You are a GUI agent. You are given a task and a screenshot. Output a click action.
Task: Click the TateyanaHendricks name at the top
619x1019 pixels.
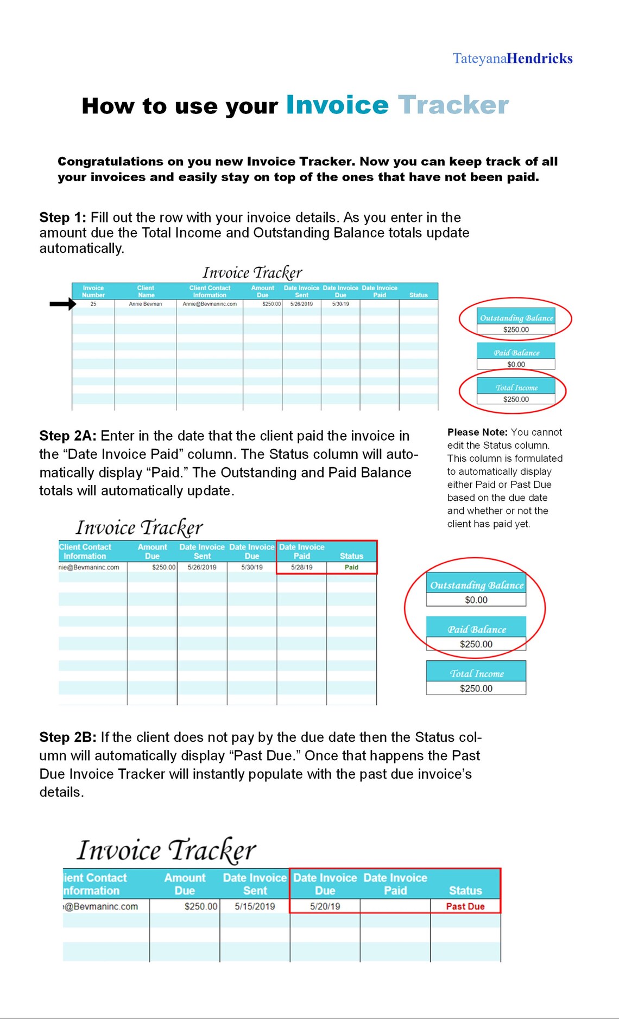pyautogui.click(x=513, y=59)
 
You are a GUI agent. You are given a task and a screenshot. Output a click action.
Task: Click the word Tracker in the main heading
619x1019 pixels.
pyautogui.click(x=453, y=105)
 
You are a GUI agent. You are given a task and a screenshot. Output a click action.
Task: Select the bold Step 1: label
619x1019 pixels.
pyautogui.click(x=62, y=218)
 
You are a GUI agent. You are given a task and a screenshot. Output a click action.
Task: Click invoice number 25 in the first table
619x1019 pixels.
pyautogui.click(x=93, y=304)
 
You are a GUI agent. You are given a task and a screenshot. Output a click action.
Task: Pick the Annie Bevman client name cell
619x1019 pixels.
pyautogui.click(x=146, y=304)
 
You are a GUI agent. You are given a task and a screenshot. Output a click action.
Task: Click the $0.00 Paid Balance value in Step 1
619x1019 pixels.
pyautogui.click(x=516, y=365)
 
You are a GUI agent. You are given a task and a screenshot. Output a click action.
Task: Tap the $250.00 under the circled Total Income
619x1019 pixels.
pyautogui.click(x=516, y=399)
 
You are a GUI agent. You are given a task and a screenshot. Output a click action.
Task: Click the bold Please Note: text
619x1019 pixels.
pyautogui.click(x=477, y=432)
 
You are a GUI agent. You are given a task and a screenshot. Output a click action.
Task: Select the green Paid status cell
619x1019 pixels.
pyautogui.click(x=351, y=567)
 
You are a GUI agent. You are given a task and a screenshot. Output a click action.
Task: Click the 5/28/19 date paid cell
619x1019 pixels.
pyautogui.click(x=302, y=567)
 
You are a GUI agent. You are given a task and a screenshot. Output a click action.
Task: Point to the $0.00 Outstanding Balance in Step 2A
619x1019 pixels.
pyautogui.click(x=476, y=600)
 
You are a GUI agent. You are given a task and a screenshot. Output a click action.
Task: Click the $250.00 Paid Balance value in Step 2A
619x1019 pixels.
pyautogui.click(x=476, y=644)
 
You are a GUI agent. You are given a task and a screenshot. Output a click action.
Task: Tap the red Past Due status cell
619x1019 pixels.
pyautogui.click(x=465, y=906)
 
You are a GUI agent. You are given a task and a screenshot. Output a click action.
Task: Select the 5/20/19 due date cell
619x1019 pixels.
pyautogui.click(x=325, y=906)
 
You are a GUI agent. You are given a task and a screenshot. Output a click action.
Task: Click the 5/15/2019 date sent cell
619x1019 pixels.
pyautogui.click(x=255, y=906)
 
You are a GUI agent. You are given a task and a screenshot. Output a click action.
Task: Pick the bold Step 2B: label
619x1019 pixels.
pyautogui.click(x=68, y=737)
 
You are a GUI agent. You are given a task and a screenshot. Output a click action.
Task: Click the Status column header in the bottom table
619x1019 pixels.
pyautogui.click(x=465, y=890)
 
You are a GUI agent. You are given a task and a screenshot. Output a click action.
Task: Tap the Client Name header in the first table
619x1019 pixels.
pyautogui.click(x=146, y=291)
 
